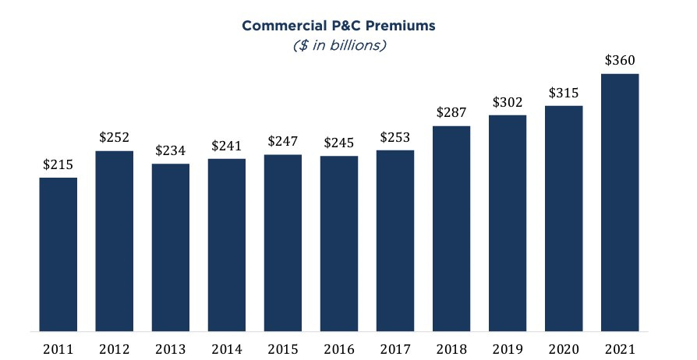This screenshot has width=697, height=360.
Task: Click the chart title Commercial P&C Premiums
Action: point(338,26)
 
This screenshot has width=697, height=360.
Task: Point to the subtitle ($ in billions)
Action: point(338,45)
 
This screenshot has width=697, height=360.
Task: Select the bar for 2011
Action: point(58,253)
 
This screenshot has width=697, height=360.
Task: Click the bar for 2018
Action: point(451,228)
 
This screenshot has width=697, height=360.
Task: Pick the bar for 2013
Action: point(171,246)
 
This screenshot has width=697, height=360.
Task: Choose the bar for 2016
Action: point(339,242)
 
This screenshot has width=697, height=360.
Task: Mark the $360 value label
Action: point(620,61)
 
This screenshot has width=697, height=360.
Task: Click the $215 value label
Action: point(58,164)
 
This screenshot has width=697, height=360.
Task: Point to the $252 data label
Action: point(115,137)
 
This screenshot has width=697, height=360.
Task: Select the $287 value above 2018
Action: point(451,112)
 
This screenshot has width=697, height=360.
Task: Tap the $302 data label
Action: point(508,102)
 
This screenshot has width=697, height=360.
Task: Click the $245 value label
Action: point(339,143)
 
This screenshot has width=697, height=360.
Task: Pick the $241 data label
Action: point(227,145)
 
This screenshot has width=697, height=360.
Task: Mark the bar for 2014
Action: point(227,244)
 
